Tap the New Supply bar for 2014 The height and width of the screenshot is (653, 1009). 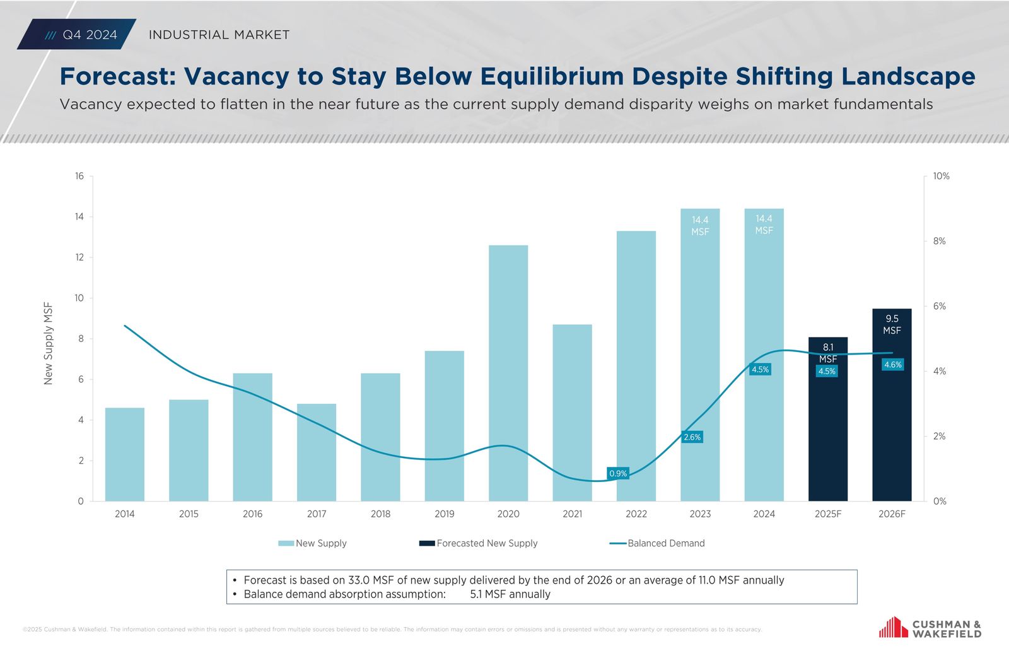pos(125,454)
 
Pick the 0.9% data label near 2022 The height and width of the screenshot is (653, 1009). pos(618,473)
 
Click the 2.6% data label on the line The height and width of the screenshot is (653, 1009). pos(692,437)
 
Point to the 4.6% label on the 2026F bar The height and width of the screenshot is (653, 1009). pos(892,365)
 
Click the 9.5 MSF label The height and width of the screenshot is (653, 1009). pos(892,324)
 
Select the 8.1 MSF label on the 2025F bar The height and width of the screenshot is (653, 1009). pos(828,353)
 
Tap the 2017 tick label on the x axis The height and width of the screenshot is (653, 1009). pos(317,514)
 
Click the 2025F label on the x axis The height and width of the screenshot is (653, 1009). pos(828,514)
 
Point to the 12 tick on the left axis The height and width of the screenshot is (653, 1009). pos(79,257)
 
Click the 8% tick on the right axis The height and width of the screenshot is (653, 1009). pos(939,241)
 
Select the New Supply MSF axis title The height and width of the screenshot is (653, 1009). pos(49,343)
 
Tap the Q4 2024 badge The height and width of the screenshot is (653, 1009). pos(82,35)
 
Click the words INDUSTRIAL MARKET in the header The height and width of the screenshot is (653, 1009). pos(219,35)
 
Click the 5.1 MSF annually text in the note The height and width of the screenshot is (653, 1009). pos(510,594)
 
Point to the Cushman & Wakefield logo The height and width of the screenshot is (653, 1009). pos(930,628)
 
